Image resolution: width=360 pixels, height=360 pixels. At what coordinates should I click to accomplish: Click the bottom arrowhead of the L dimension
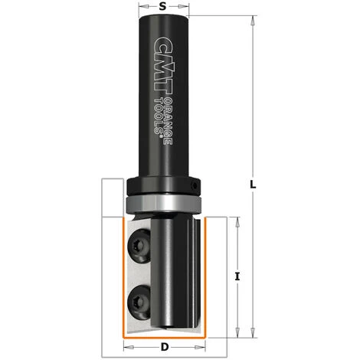(252, 335)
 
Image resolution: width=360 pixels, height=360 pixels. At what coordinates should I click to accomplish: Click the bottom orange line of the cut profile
(163, 336)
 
